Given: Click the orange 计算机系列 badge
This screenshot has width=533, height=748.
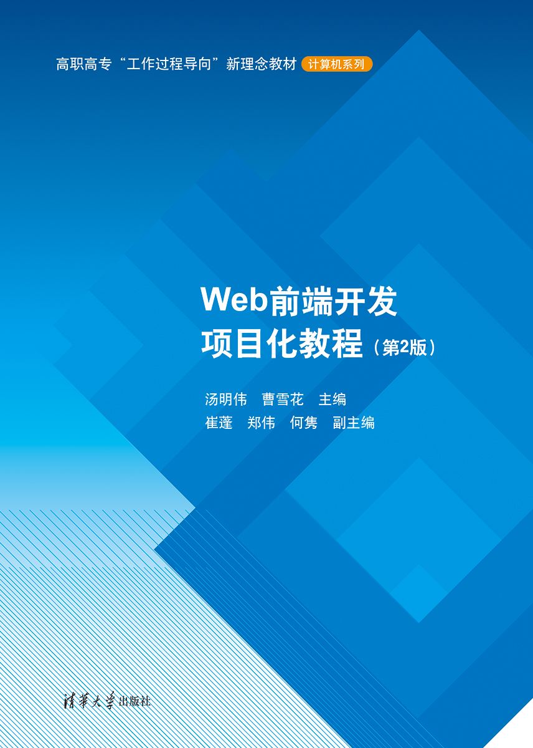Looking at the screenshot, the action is click(336, 64).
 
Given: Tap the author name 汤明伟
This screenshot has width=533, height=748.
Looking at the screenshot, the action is click(226, 399).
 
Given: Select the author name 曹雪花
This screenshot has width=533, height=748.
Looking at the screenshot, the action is click(283, 399).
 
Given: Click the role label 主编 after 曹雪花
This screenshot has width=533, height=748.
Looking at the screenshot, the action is click(333, 399).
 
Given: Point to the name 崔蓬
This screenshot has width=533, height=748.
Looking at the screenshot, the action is click(219, 423).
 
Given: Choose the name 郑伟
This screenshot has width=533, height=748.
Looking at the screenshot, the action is click(261, 423).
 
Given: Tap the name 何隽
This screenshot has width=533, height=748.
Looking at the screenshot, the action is click(304, 423).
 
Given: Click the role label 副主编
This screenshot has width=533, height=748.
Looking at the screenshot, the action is click(354, 423).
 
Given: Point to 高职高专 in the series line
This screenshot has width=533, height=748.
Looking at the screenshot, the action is click(83, 64).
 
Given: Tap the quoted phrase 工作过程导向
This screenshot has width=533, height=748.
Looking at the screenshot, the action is click(169, 64).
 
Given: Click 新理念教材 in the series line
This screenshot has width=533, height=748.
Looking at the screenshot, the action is click(261, 64).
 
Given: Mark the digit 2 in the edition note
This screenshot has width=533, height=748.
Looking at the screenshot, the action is click(404, 348).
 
